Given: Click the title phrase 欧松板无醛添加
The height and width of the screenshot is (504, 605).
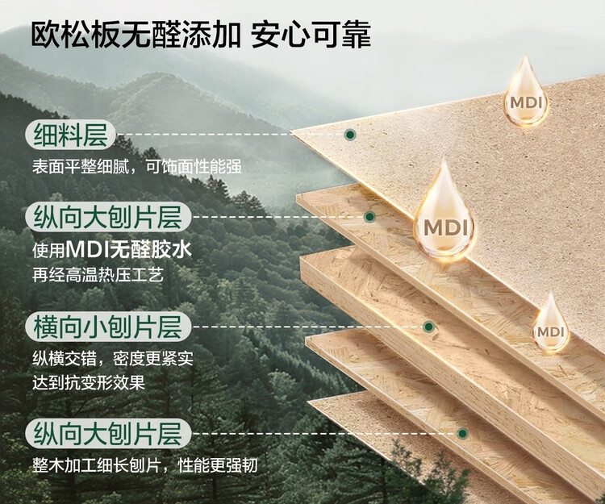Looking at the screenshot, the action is tap(136, 35).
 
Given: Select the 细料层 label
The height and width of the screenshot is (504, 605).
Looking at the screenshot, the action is tap(70, 135).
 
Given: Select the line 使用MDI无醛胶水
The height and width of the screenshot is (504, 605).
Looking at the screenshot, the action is tap(112, 249).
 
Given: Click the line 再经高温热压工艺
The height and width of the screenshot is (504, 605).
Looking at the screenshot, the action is tap(98, 274).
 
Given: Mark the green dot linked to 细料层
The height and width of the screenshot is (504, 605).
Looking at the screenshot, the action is tap(349, 135).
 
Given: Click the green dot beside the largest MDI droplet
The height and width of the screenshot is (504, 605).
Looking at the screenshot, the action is tap(369, 217).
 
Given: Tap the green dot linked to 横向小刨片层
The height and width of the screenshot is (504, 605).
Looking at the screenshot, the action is tap(429, 327).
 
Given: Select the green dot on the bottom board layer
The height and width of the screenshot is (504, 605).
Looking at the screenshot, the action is tap(462, 433).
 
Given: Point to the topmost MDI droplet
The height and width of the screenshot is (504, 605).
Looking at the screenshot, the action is tap(525, 95).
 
